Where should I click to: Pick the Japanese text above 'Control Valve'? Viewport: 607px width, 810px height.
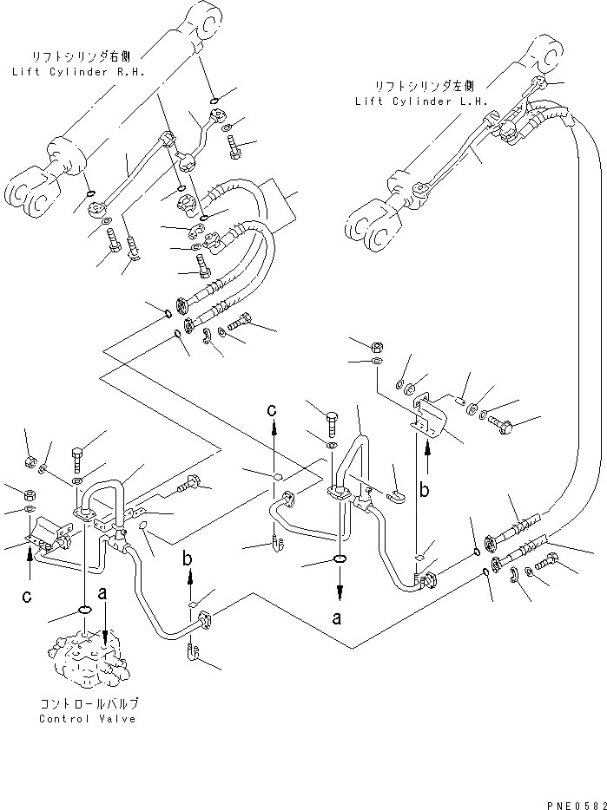[x=88, y=704]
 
